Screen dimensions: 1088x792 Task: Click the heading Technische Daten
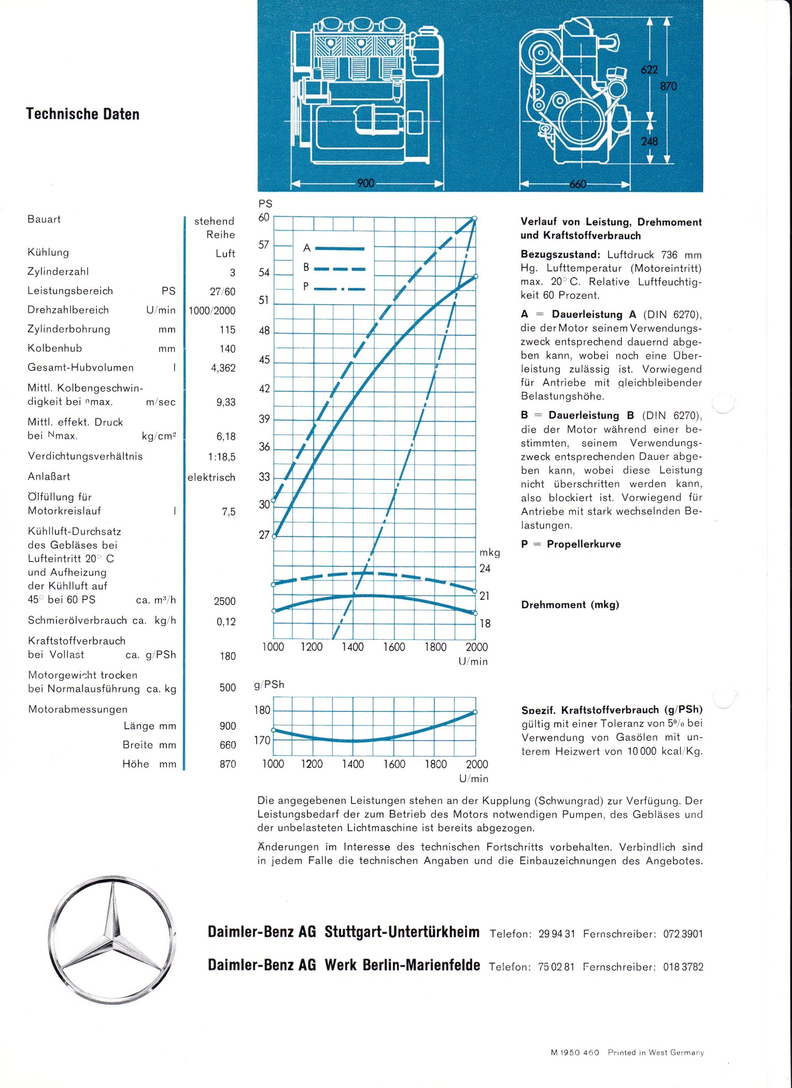point(83,114)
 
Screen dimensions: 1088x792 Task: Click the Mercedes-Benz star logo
point(112,939)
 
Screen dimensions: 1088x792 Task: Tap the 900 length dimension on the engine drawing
point(365,183)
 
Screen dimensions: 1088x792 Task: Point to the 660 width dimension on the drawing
point(577,184)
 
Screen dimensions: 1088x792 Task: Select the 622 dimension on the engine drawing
point(649,70)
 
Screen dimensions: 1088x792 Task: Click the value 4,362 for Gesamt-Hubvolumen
point(223,368)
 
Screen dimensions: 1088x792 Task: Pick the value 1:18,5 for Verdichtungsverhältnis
point(222,457)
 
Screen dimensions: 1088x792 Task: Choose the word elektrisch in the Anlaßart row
point(211,477)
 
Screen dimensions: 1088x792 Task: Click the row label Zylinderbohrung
point(69,329)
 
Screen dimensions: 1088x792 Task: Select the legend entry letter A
point(307,248)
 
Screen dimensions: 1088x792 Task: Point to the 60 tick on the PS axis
point(264,218)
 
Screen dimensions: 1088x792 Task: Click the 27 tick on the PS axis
point(264,535)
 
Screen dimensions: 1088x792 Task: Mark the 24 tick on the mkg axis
point(485,568)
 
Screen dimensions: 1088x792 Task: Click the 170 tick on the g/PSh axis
point(262,740)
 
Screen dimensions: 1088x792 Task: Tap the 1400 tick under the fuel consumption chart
point(352,764)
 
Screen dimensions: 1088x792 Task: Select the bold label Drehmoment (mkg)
point(570,605)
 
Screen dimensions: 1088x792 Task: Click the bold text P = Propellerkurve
point(571,544)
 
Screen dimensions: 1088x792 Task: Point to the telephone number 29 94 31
point(557,934)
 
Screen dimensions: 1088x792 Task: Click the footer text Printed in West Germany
point(656,1052)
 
